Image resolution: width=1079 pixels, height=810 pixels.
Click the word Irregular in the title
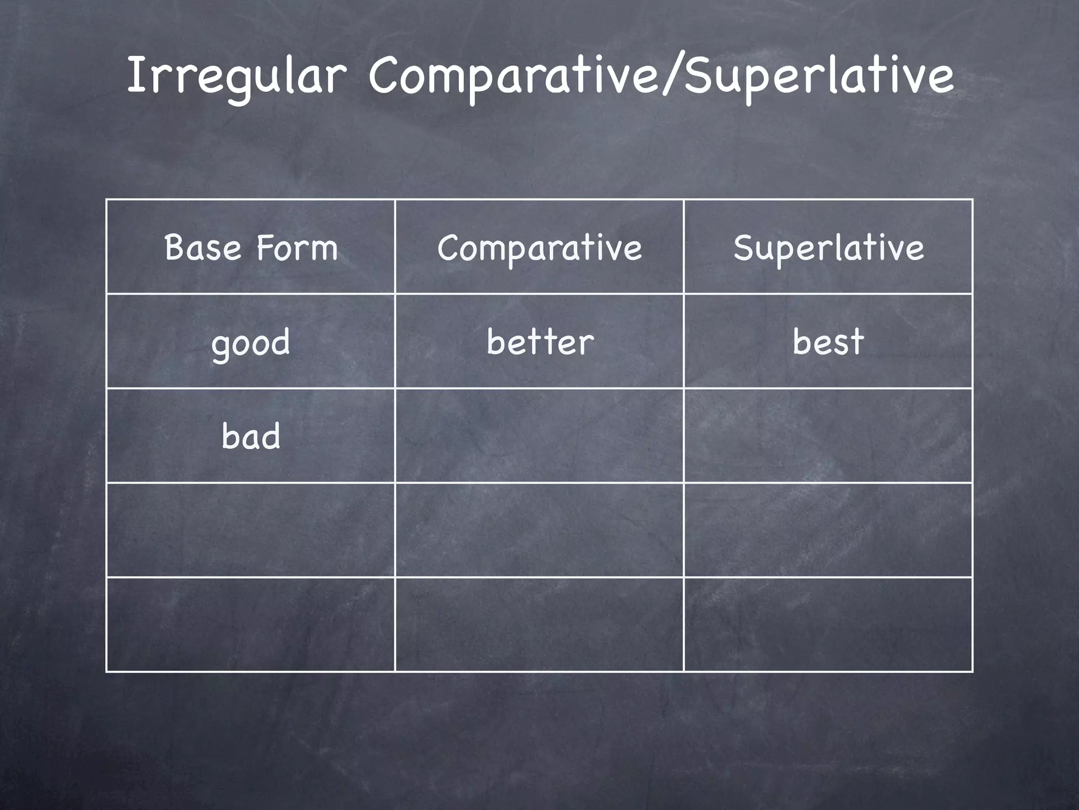[x=236, y=76]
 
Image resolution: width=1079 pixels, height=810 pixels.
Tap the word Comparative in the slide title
[x=514, y=76]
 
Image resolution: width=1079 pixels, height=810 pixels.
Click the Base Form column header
[x=251, y=247]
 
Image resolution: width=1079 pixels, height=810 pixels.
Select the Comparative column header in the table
[x=539, y=247]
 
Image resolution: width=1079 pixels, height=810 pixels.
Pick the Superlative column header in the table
[x=828, y=247]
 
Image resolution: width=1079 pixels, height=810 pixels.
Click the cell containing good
[x=251, y=342]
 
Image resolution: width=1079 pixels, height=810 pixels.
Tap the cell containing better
[x=539, y=342]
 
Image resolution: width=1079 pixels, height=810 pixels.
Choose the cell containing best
[x=828, y=342]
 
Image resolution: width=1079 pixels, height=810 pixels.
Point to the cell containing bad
[x=251, y=436]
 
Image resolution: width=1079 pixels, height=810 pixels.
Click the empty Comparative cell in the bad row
[x=539, y=436]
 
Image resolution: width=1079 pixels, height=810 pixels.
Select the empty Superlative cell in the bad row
[x=828, y=436]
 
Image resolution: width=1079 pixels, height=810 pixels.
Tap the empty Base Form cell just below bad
[x=251, y=530]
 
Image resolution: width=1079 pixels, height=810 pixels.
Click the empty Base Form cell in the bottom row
[x=251, y=624]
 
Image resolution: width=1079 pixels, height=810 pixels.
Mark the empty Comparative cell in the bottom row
[x=539, y=624]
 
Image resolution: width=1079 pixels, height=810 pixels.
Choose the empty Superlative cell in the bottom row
[x=828, y=624]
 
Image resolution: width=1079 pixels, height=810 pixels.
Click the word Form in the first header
[x=297, y=247]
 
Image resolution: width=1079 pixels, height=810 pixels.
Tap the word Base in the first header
[x=203, y=247]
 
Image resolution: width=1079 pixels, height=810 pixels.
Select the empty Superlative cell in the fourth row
[x=828, y=530]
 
